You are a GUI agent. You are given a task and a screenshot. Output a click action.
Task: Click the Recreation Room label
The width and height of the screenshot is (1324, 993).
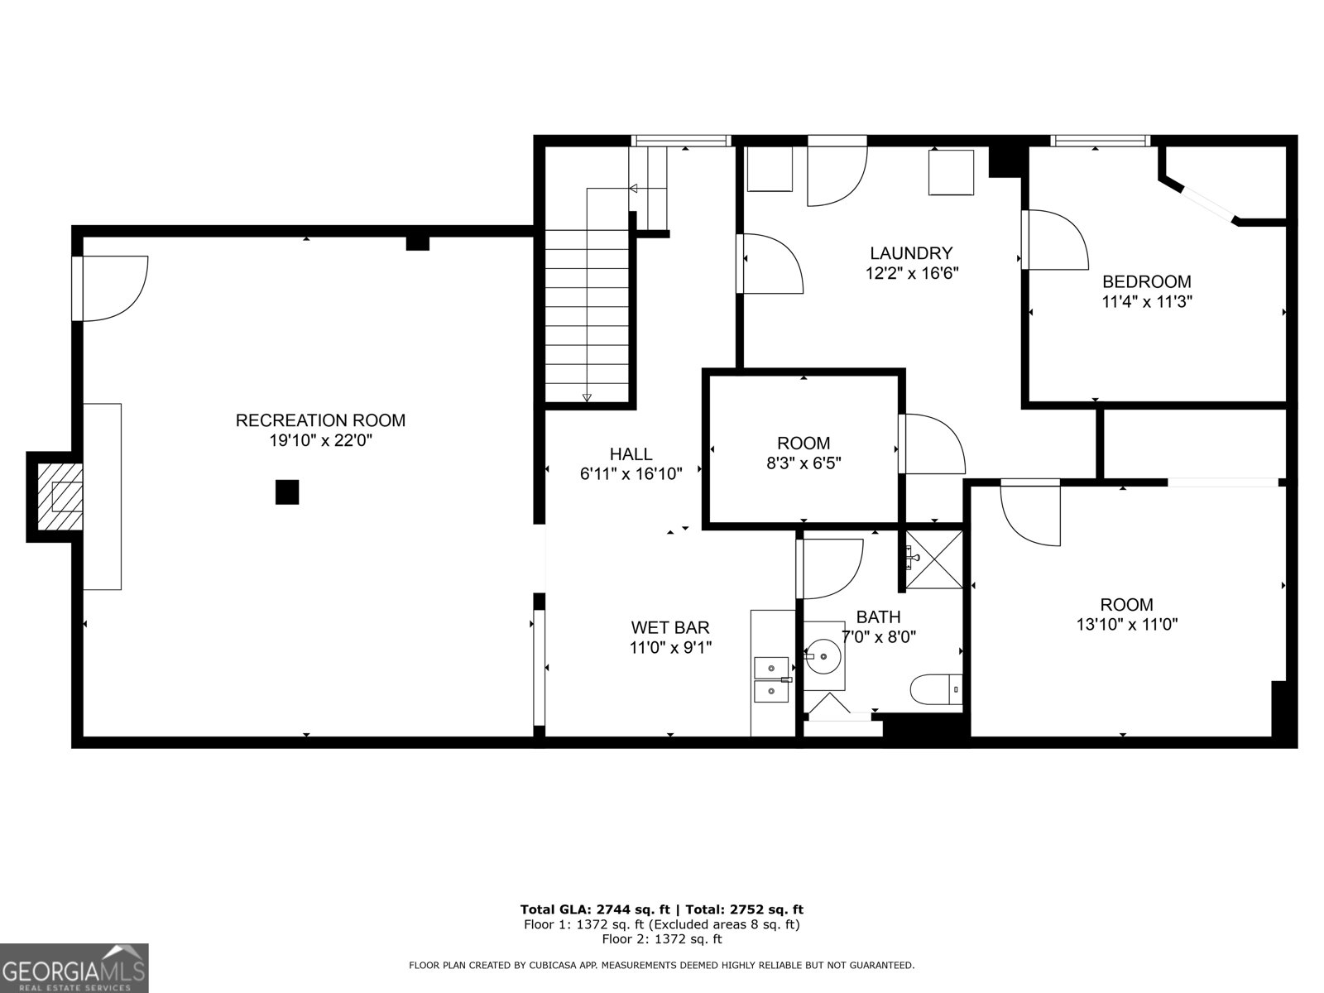point(320,420)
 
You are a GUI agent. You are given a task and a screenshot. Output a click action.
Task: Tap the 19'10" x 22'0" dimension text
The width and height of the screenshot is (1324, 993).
point(320,441)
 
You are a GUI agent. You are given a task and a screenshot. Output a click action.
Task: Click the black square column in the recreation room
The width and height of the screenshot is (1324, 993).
point(286,492)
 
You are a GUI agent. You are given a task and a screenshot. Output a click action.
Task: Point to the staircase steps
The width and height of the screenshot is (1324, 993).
point(587,314)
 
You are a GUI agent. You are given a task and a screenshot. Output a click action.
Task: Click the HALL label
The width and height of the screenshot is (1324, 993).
point(631,454)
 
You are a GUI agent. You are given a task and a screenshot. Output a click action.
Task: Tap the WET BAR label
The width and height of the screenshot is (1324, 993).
point(669,628)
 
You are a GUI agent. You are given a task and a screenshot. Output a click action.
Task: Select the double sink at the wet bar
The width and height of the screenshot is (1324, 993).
point(770,679)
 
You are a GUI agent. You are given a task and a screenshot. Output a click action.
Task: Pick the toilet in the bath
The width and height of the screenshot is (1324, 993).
point(935,689)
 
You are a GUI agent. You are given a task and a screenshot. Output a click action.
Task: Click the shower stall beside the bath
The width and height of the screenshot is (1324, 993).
point(934,560)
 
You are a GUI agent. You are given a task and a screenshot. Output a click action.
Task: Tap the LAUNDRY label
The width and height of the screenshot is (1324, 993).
point(910,253)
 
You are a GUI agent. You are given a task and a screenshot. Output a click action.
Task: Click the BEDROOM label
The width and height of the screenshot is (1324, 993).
point(1146,282)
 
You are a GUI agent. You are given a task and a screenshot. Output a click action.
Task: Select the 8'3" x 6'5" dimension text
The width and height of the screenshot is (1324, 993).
point(803,463)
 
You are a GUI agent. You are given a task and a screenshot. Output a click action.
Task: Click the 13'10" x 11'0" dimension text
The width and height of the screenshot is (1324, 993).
point(1126,625)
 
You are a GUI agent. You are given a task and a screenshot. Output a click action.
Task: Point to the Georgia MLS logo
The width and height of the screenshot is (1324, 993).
point(74,968)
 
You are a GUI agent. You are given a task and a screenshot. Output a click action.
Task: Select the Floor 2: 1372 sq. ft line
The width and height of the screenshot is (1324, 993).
point(661,939)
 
